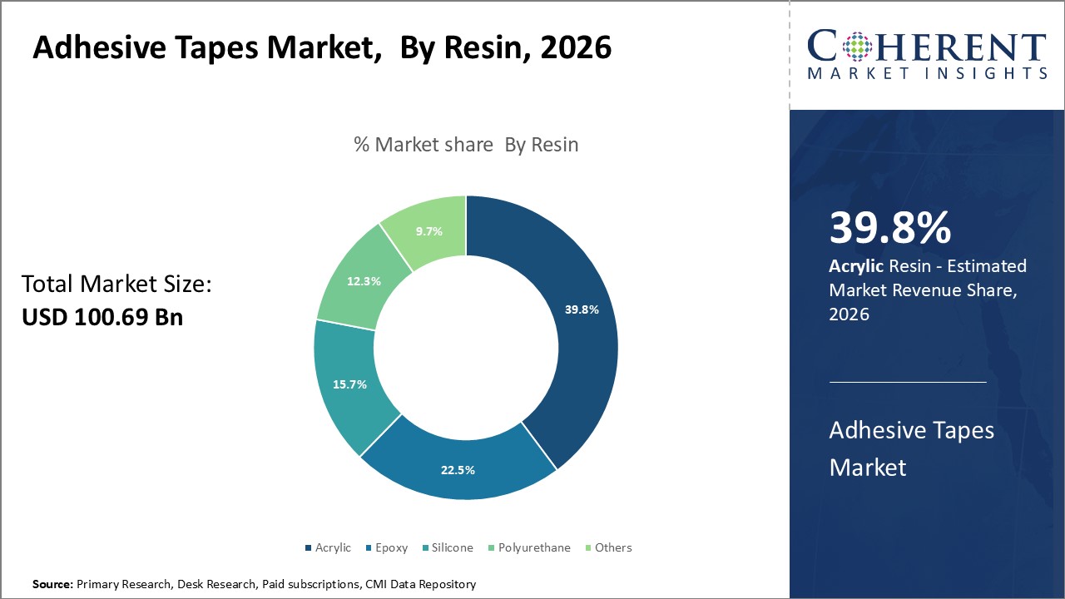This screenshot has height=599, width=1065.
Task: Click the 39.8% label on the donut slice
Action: click(x=582, y=309)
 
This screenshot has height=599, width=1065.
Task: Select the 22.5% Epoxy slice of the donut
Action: click(x=458, y=469)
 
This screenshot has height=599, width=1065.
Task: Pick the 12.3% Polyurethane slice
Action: click(x=364, y=281)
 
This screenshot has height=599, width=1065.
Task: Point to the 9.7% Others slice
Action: click(x=429, y=231)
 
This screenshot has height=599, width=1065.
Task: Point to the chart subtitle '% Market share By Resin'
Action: click(x=466, y=144)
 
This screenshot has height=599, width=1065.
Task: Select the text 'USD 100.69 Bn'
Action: click(x=102, y=317)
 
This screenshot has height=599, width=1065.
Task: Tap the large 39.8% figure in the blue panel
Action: click(x=889, y=228)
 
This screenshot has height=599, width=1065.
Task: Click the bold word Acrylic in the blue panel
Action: click(x=856, y=266)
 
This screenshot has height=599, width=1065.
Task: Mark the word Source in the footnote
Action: click(x=52, y=585)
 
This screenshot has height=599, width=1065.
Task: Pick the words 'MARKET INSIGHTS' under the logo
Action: click(x=927, y=73)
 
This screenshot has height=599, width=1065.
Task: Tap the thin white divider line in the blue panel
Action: click(x=908, y=382)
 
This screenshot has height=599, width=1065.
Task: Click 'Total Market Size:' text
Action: click(x=116, y=285)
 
